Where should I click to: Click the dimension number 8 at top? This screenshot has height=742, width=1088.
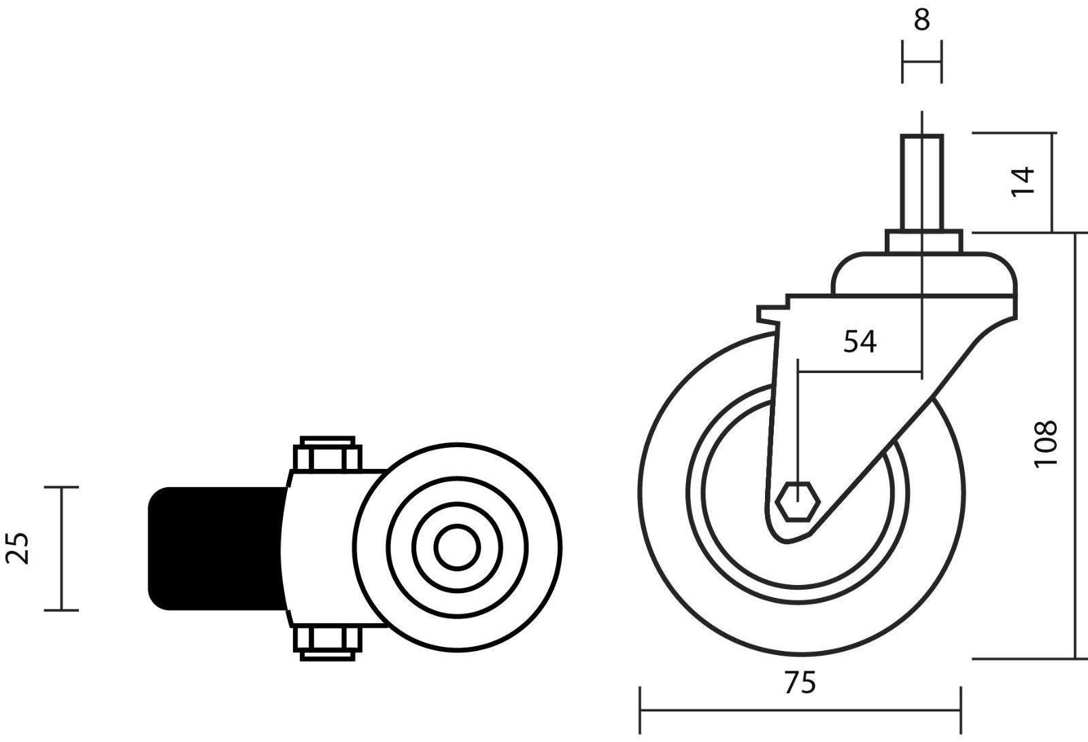click(921, 20)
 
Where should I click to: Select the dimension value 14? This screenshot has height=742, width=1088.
click(1023, 181)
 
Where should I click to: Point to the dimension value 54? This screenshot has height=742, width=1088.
click(860, 342)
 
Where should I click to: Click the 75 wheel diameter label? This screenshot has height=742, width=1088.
click(800, 683)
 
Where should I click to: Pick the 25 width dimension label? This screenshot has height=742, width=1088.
click(20, 548)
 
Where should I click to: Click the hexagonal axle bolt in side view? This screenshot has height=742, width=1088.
click(800, 502)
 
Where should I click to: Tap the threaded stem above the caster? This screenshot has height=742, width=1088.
click(922, 181)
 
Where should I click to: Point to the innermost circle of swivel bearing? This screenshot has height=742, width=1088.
click(457, 548)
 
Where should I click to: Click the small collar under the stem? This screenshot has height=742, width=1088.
click(923, 241)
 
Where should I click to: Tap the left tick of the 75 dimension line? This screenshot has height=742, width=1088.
click(640, 710)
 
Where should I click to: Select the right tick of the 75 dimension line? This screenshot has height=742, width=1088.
click(960, 710)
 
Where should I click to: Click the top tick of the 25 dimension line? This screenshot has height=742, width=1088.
click(61, 487)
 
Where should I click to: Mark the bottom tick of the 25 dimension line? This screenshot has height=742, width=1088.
click(61, 610)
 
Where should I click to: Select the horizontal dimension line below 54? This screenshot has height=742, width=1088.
click(860, 372)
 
